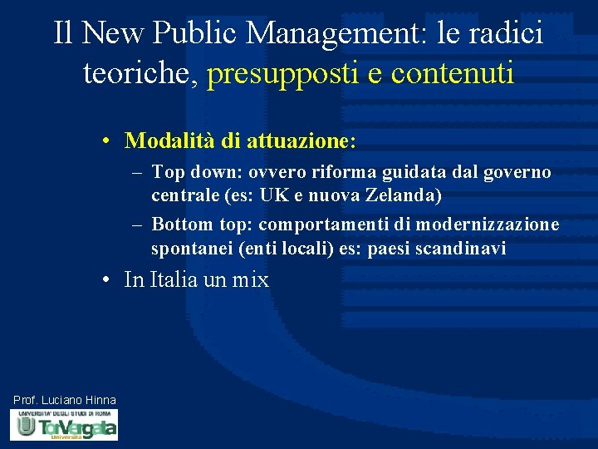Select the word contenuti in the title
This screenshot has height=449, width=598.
[452, 73]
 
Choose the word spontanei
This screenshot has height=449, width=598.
[192, 249]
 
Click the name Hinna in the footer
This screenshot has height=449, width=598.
[100, 401]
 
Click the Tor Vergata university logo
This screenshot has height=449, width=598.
[64, 426]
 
